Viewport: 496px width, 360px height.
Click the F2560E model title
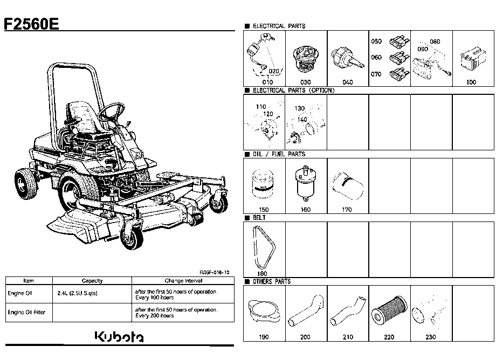pyautogui.click(x=31, y=24)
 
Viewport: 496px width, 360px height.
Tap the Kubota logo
pyautogui.click(x=119, y=337)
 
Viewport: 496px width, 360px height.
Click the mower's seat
pyautogui.click(x=84, y=117)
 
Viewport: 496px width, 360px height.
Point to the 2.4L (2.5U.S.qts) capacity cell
pyautogui.click(x=77, y=293)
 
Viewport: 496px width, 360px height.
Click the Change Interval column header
pyautogui.click(x=183, y=281)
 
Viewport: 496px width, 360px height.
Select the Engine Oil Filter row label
pyautogui.click(x=26, y=312)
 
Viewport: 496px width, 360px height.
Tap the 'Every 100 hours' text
pyautogui.click(x=154, y=297)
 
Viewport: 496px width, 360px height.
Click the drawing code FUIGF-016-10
pyautogui.click(x=214, y=273)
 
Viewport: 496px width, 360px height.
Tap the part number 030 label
pyautogui.click(x=305, y=82)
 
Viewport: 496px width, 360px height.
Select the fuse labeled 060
pyautogui.click(x=399, y=58)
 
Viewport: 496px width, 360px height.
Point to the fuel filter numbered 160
pyautogui.click(x=305, y=183)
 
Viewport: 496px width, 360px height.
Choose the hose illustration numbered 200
pyautogui.click(x=306, y=311)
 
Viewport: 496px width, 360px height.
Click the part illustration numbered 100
pyautogui.click(x=473, y=59)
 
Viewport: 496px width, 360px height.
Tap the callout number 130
pyautogui.click(x=300, y=108)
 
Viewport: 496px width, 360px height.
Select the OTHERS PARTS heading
pyautogui.click(x=272, y=282)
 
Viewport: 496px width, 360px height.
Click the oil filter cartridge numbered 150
pyautogui.click(x=263, y=184)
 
